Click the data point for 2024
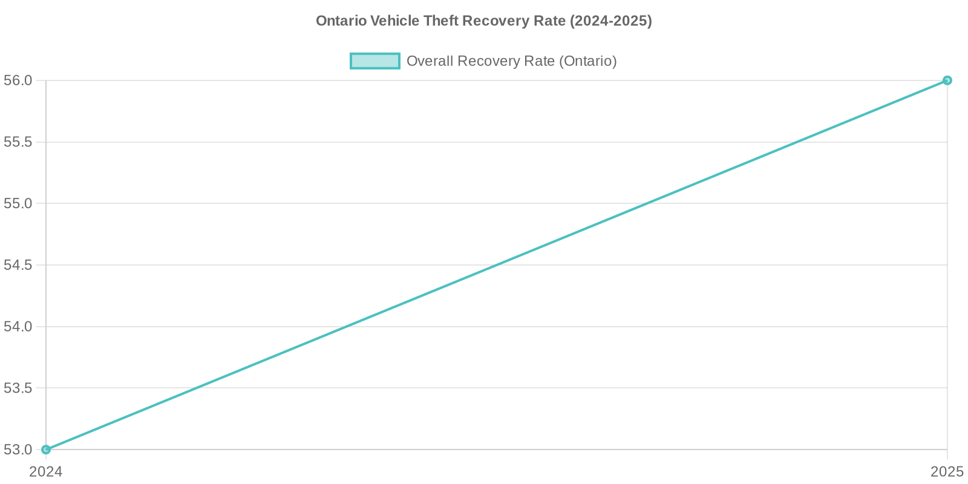46,450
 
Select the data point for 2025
947,80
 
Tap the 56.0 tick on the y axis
18,80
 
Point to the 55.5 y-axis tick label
18,142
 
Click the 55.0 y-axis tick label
18,203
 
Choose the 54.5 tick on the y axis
18,265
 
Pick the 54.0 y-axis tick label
18,327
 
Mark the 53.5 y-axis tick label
18,388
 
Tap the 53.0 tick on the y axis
18,450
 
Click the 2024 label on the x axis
46,472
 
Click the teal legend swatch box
375,61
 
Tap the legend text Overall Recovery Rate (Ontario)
511,61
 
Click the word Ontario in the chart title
341,21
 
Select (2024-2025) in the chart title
610,21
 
